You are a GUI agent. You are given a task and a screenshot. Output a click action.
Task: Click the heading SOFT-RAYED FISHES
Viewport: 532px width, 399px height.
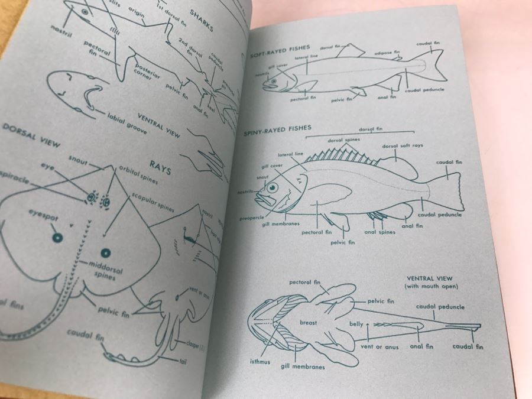point(273,55)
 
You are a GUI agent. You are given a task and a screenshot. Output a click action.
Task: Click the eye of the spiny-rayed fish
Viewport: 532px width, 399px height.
point(273,189)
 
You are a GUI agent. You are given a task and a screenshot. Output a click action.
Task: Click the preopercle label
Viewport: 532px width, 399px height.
point(251,218)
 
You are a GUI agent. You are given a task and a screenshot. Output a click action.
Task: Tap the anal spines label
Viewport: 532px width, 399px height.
point(378,232)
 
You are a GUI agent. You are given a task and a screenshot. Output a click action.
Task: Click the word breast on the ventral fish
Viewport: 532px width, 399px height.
point(308,323)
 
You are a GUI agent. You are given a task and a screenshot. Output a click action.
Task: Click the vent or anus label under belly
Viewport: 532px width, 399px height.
point(377,346)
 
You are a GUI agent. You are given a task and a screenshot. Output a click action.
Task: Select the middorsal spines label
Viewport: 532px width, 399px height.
point(105,270)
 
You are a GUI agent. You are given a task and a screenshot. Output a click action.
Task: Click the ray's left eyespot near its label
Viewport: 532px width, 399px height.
point(57,238)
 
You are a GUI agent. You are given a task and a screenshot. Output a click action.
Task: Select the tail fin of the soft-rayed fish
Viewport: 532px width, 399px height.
point(434,65)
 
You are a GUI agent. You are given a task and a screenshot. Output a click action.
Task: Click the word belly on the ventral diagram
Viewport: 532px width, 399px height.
point(356,324)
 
